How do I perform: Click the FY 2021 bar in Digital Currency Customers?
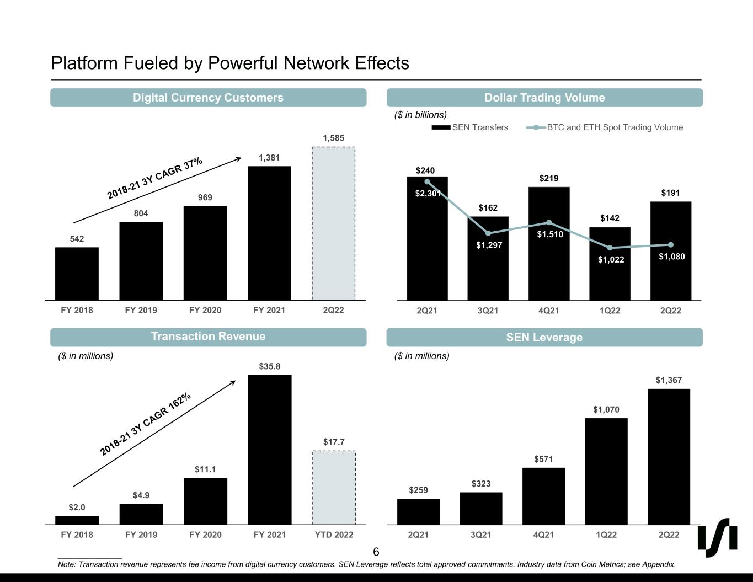(269, 233)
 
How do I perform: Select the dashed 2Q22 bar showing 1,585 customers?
(333, 223)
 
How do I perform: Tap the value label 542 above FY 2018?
(77, 239)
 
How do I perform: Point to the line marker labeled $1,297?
(488, 233)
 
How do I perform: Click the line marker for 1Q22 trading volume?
(610, 248)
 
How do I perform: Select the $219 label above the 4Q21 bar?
(549, 178)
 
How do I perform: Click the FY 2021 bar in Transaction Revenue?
(270, 450)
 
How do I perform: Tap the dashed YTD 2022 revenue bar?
(334, 488)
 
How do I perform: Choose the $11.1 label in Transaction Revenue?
(205, 469)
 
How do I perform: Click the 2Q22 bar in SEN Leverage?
(669, 456)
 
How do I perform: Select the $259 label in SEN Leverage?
(418, 490)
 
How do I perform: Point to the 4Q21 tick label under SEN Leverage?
(543, 535)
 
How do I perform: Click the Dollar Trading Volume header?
(544, 98)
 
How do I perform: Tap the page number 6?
(376, 552)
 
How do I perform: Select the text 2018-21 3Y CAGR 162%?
(146, 424)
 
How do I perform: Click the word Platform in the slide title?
(84, 63)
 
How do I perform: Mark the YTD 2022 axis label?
(334, 535)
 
